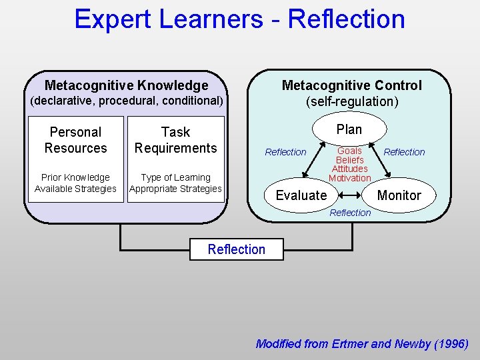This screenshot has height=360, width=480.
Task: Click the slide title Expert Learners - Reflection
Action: pyautogui.click(x=239, y=19)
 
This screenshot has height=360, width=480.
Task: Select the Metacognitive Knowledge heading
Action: pyautogui.click(x=126, y=85)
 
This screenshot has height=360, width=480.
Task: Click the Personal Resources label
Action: pyautogui.click(x=75, y=140)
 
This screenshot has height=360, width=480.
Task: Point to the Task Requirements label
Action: pyautogui.click(x=175, y=140)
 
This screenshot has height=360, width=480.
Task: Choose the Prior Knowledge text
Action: pyautogui.click(x=75, y=177)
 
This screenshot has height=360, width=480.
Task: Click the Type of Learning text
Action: pyautogui.click(x=176, y=177)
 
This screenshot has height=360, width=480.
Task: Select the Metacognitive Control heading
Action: pyautogui.click(x=351, y=85)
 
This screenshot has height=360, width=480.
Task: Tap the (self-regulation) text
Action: pyautogui.click(x=352, y=102)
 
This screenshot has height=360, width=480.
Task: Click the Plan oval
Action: pyautogui.click(x=349, y=129)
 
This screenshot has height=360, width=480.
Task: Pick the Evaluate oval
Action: pyautogui.click(x=301, y=195)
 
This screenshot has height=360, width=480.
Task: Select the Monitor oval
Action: pyautogui.click(x=399, y=195)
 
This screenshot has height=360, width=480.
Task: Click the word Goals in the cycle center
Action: pyautogui.click(x=349, y=151)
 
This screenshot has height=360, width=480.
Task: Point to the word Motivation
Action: pyautogui.click(x=349, y=178)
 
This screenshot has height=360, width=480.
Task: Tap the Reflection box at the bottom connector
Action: pyautogui.click(x=236, y=249)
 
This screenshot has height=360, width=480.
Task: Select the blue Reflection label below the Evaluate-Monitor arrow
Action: pyautogui.click(x=350, y=213)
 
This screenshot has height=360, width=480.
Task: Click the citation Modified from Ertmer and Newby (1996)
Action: pyautogui.click(x=362, y=344)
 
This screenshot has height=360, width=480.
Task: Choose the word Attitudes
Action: pyautogui.click(x=349, y=169)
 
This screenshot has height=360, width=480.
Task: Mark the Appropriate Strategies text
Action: pyautogui.click(x=176, y=189)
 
